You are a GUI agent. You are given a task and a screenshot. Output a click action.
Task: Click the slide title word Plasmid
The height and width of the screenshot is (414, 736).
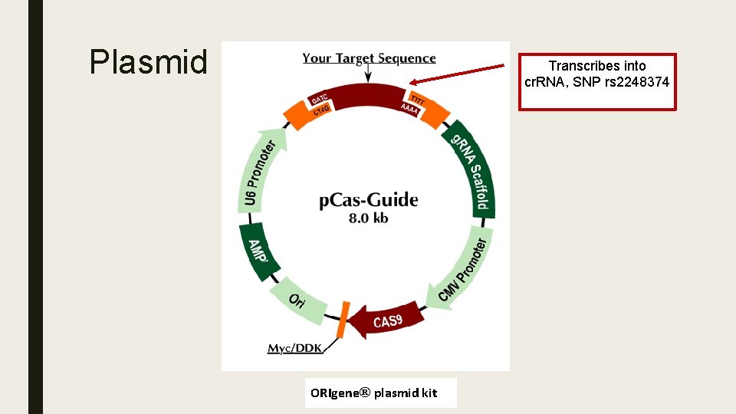click(x=148, y=62)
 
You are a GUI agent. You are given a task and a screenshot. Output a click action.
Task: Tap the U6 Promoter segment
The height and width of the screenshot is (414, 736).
click(x=259, y=173)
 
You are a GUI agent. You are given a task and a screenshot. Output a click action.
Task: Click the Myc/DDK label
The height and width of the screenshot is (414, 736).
click(x=294, y=349)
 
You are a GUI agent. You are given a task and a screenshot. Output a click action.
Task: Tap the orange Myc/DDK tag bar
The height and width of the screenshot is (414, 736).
click(x=343, y=320)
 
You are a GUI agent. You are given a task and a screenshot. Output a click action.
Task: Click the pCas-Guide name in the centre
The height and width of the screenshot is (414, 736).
click(x=369, y=201)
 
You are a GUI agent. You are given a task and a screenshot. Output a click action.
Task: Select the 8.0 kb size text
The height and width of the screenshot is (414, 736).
click(x=368, y=219)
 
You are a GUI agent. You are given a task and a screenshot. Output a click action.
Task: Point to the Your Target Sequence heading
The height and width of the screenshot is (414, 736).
click(x=369, y=58)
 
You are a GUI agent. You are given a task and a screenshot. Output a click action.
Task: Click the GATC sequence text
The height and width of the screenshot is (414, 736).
click(x=320, y=99)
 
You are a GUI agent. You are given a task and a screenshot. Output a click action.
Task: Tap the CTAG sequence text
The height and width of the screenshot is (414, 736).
click(x=322, y=112)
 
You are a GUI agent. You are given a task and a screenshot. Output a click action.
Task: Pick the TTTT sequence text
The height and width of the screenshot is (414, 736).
click(x=416, y=100)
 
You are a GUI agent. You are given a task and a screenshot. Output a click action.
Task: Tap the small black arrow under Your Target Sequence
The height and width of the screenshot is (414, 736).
click(x=369, y=74)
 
